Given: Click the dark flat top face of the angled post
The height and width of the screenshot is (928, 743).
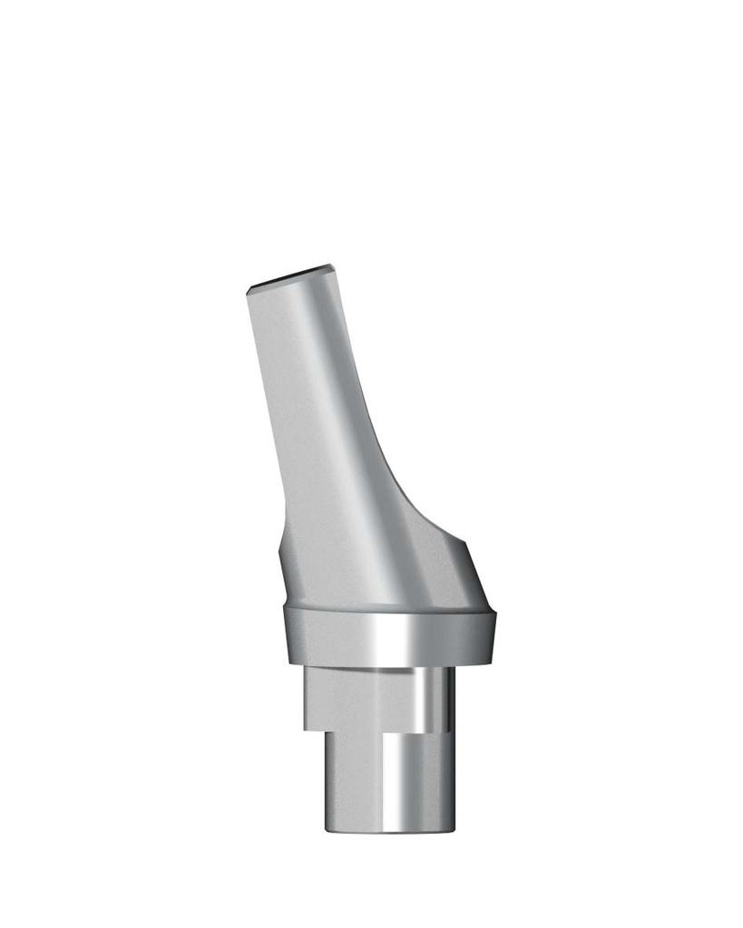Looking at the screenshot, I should tap(288, 277).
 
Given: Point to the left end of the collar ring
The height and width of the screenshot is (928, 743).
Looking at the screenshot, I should tap(287, 634).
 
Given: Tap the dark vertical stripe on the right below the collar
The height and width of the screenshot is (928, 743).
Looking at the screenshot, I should tap(446, 698).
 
